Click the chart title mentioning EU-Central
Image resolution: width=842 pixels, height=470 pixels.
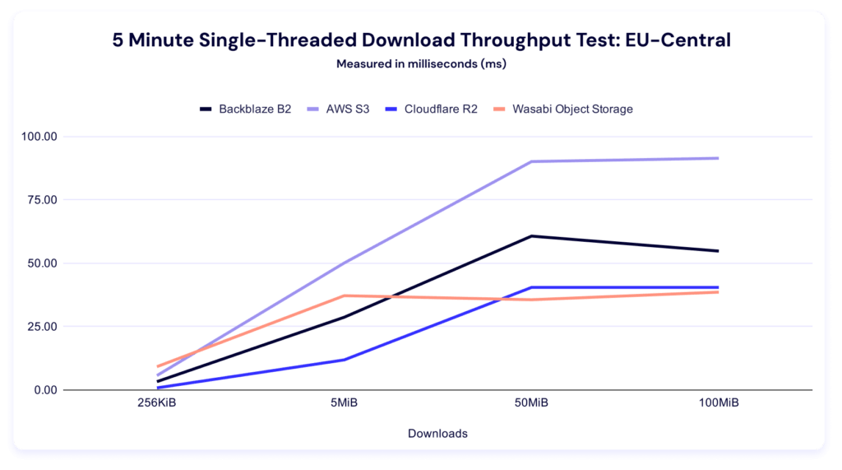tap(420, 40)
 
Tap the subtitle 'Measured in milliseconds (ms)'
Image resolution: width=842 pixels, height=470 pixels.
tap(420, 64)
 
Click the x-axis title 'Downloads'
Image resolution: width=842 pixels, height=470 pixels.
tap(437, 433)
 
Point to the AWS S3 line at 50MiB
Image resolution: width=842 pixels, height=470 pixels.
tap(531, 161)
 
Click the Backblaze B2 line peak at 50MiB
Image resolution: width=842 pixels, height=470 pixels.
tap(531, 236)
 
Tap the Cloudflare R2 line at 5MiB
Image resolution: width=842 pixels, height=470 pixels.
tap(344, 360)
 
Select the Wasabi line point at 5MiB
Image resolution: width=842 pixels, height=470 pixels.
tap(344, 295)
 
